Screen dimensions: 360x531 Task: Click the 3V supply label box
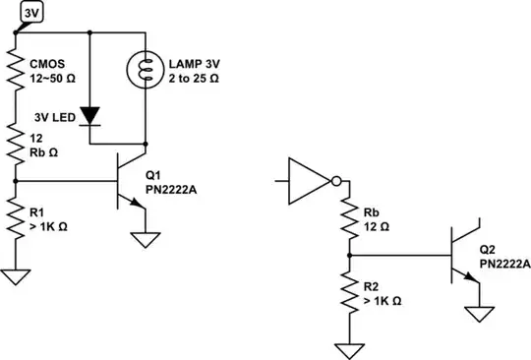32,11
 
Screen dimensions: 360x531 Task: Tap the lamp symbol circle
147,68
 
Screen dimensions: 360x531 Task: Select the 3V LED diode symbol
90,115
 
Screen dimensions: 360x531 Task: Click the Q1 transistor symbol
126,181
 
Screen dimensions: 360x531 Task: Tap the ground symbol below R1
17,275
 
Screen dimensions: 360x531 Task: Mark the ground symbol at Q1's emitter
147,240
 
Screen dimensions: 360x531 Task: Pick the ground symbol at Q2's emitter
479,314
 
